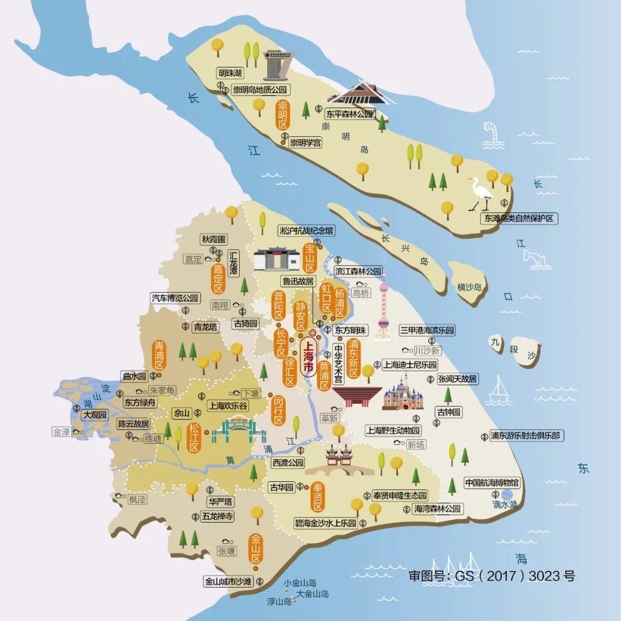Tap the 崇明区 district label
click(x=282, y=116)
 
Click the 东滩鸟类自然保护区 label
click(x=519, y=218)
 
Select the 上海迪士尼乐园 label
click(x=409, y=365)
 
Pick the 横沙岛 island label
click(x=469, y=286)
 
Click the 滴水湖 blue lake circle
click(x=507, y=494)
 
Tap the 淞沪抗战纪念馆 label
click(x=306, y=231)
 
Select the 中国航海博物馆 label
click(x=492, y=482)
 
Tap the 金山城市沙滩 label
click(x=228, y=581)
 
